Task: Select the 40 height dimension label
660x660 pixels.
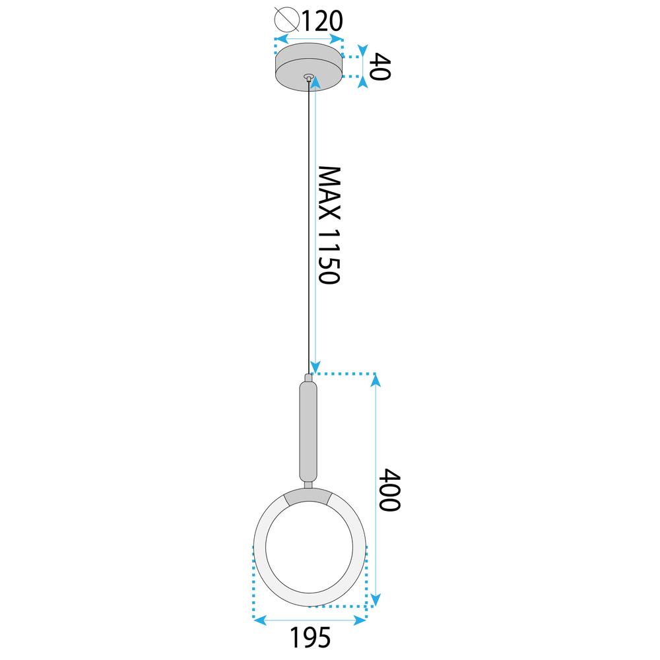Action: (379, 67)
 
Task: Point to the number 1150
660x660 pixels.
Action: (328, 255)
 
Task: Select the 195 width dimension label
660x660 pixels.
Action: (310, 638)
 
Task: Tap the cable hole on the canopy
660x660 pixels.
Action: (308, 77)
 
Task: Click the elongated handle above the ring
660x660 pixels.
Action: (308, 432)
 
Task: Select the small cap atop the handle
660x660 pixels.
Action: (308, 379)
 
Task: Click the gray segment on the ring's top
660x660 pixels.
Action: (308, 497)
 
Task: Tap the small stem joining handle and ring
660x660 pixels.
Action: (308, 485)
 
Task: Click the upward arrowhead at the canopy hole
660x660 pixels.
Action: (315, 82)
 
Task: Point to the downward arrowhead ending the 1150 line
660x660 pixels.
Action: (315, 366)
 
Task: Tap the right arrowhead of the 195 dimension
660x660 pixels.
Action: (360, 620)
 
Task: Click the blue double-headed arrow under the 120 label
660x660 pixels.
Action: (309, 39)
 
